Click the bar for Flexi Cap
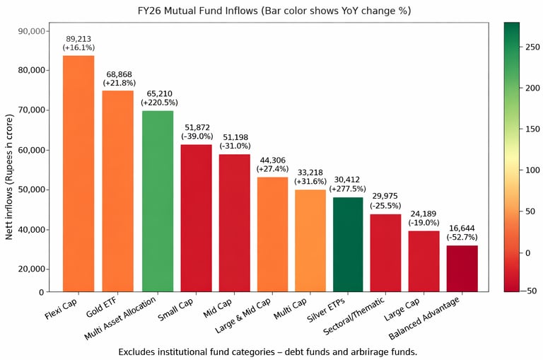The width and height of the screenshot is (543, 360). pyautogui.click(x=78, y=173)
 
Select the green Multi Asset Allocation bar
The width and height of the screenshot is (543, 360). pyautogui.click(x=157, y=201)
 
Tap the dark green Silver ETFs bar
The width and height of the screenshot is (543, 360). pyautogui.click(x=347, y=244)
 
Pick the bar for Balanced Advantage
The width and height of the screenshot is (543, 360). pyautogui.click(x=462, y=268)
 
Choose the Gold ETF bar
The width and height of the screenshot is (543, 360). pyautogui.click(x=118, y=191)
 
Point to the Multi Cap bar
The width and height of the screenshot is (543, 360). pyautogui.click(x=310, y=240)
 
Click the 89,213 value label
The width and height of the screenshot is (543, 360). pyautogui.click(x=78, y=39)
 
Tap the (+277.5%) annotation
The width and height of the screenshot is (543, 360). pyautogui.click(x=347, y=189)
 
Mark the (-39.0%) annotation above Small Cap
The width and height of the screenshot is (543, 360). pyautogui.click(x=197, y=136)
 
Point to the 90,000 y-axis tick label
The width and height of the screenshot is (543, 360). pyautogui.click(x=30, y=31)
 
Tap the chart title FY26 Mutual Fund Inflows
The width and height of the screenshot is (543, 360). pyautogui.click(x=274, y=11)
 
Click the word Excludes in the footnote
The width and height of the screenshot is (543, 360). pyautogui.click(x=138, y=351)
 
